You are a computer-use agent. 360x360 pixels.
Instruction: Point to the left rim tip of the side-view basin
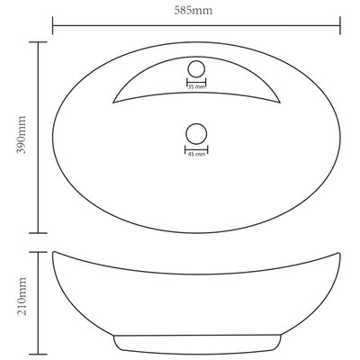click(x=53, y=254)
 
